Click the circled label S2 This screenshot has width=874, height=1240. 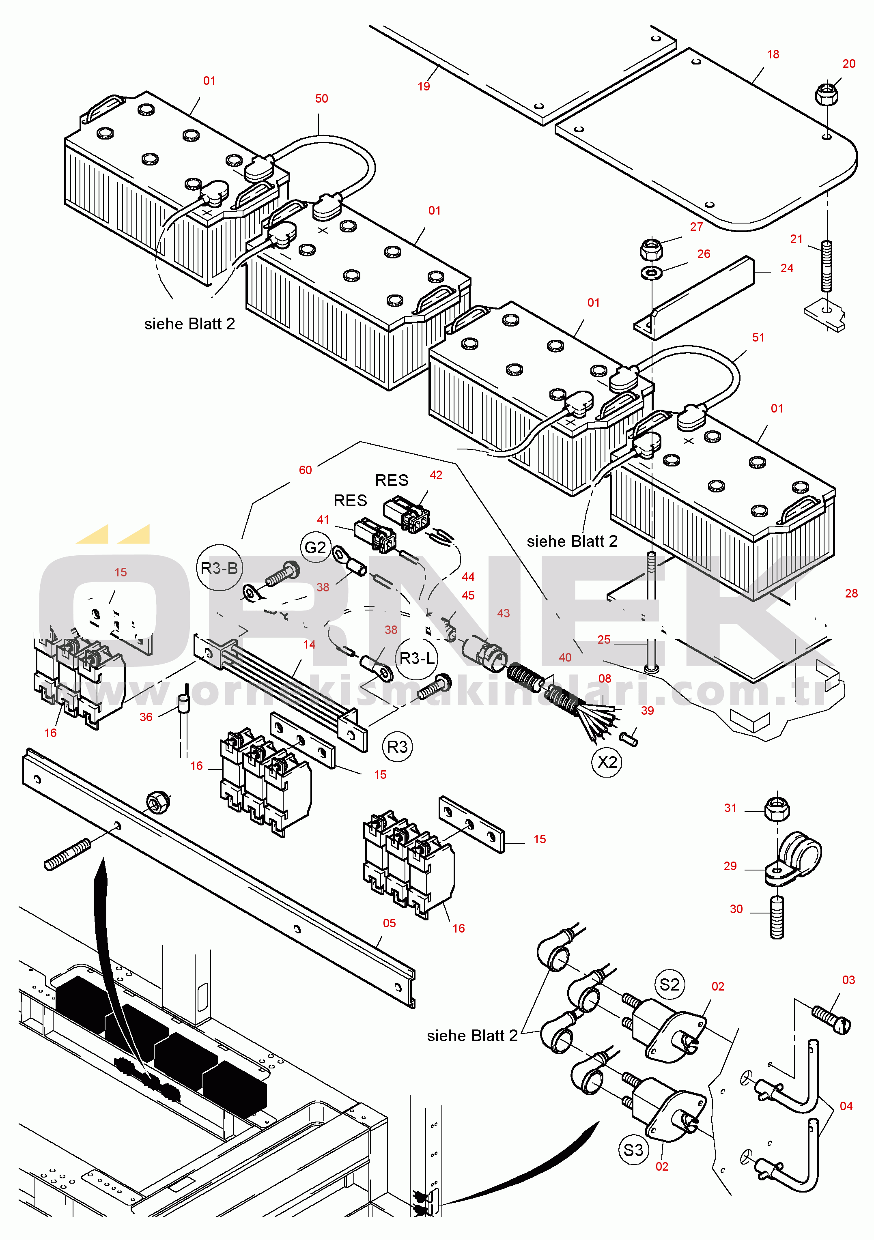coord(669,984)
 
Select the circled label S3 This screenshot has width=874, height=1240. coord(633,1149)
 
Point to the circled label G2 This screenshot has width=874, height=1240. coord(315,547)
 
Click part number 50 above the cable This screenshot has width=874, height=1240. coord(321,98)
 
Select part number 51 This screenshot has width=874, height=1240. coord(758,337)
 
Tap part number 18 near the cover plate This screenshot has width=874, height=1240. coord(773,54)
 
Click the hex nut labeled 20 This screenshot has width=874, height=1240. coord(827,94)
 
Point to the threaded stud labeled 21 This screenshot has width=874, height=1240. coord(827,266)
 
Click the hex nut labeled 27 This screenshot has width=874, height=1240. coord(652,249)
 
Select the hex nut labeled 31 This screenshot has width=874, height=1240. coord(777,809)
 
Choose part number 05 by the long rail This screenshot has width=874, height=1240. coord(390,923)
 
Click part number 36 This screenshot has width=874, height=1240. coord(146,717)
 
